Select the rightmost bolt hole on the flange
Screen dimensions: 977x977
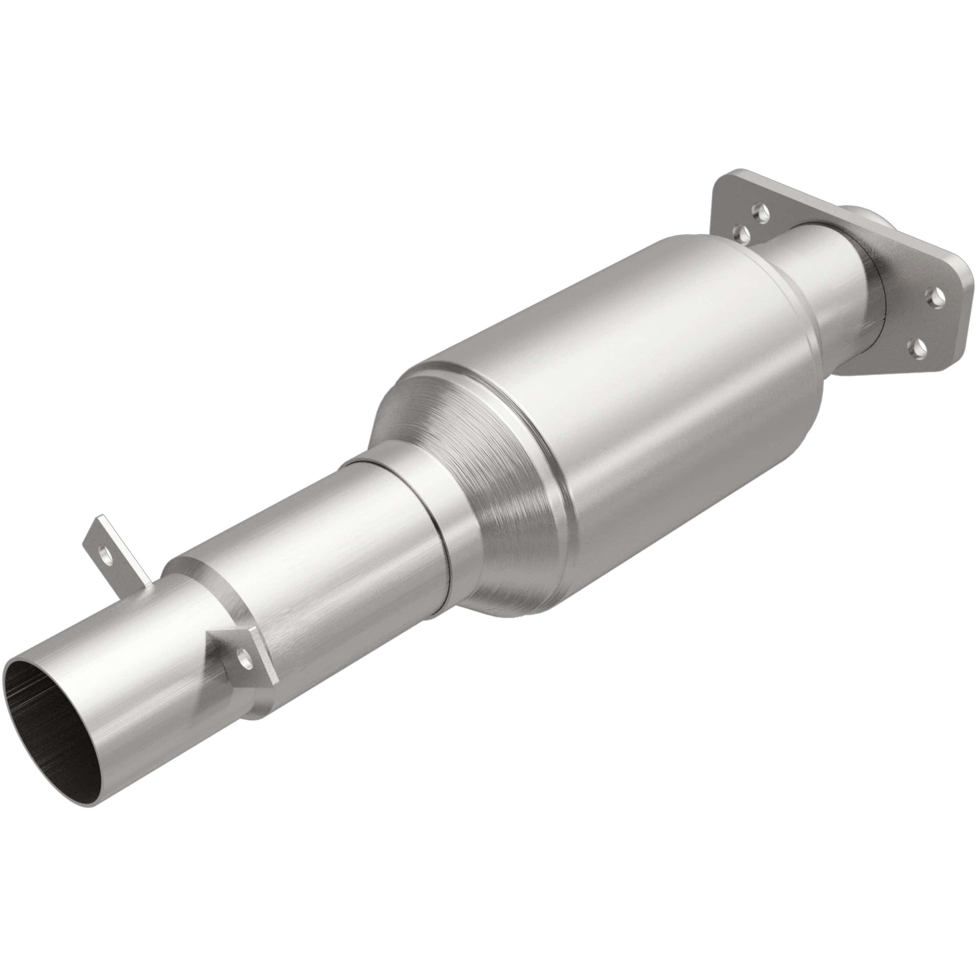(x=937, y=294)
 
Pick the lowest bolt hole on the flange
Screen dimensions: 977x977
(x=918, y=347)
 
